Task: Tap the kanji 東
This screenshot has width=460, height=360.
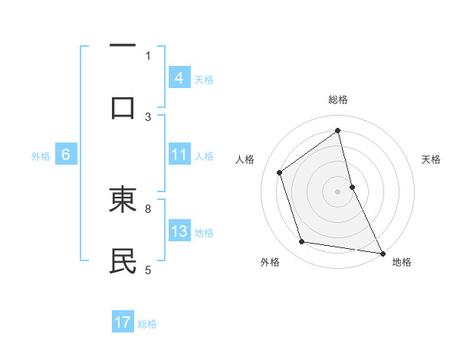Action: coord(123,201)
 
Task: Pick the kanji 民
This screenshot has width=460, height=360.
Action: coord(123,260)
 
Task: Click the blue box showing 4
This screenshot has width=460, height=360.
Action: coord(179,77)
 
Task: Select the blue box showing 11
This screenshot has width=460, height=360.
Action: coord(179,155)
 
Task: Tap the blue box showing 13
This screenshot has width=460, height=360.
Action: coord(179,231)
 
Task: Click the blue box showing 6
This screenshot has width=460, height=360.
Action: coord(66,155)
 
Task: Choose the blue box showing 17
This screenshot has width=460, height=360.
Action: coord(123,322)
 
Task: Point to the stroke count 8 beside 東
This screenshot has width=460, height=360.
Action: coord(148,208)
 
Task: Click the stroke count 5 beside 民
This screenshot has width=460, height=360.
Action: coord(148,269)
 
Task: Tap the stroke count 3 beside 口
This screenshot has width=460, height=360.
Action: coord(148,116)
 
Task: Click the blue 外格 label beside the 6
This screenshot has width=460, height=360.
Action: coord(41,156)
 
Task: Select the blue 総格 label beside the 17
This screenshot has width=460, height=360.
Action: coord(147,324)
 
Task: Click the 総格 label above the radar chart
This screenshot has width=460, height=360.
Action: coord(338,100)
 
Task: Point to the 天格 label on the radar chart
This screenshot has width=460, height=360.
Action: coord(432,159)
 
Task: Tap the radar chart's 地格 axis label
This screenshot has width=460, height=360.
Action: coord(402,262)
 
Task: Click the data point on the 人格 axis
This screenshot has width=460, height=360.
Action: coord(280,172)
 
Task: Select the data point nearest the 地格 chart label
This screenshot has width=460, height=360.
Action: coord(382,253)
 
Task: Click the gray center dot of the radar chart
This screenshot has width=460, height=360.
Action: coord(338,191)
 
